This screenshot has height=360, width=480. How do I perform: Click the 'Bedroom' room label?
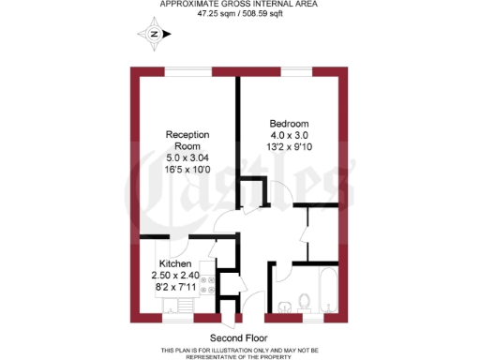[289, 124]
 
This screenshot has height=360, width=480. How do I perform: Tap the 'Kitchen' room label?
[176, 263]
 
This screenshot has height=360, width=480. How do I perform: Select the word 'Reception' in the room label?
[187, 134]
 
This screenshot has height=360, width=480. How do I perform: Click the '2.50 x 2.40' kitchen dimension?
[175, 276]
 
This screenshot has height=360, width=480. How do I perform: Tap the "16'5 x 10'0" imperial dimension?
[187, 170]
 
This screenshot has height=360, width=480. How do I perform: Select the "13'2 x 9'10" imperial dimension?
[289, 147]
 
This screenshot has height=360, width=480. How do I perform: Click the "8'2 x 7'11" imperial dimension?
[175, 288]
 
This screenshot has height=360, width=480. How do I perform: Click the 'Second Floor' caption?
[238, 337]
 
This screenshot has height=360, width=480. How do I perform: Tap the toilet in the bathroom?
[303, 302]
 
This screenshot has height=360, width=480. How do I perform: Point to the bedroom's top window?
[298, 71]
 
